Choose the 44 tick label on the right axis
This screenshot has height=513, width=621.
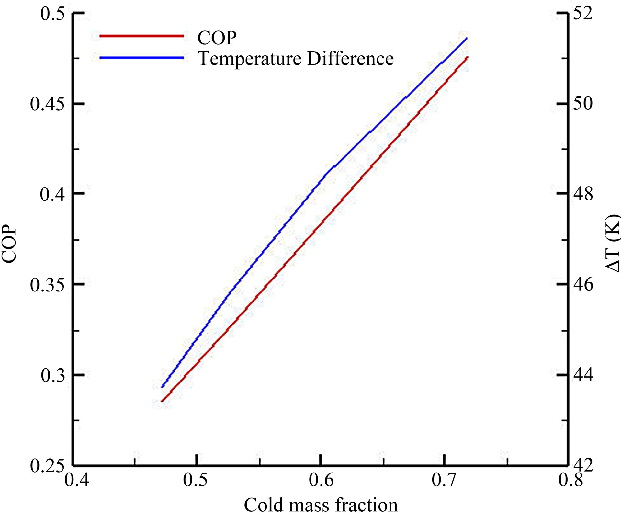pos(583,375)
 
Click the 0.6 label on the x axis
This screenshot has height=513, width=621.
pos(321,480)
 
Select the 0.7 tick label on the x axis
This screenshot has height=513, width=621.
pos(444,480)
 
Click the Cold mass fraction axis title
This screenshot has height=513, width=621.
pos(321,505)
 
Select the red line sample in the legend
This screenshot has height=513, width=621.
pos(141,36)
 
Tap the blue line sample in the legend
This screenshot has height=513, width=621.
pos(141,58)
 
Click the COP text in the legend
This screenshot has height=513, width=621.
pos(217,38)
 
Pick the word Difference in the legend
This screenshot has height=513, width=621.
pos(350,59)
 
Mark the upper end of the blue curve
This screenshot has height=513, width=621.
pos(467,38)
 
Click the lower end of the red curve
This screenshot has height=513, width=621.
pos(162,401)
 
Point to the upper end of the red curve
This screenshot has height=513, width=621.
pos(468,57)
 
